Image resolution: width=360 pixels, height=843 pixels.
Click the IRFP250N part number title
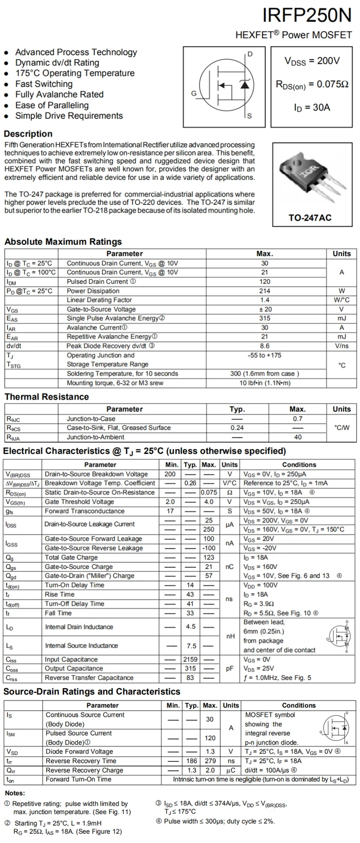tap(307, 16)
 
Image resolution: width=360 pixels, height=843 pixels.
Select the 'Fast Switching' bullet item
tap(44, 84)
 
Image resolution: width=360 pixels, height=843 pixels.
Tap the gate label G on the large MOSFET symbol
tap(194, 93)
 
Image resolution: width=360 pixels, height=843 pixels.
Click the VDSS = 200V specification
tap(312, 61)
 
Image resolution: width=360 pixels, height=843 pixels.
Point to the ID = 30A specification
tap(312, 107)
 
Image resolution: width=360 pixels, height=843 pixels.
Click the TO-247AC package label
tap(310, 217)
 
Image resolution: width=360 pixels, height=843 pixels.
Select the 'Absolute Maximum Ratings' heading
tap(63, 242)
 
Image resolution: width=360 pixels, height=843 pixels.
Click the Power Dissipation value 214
tap(264, 291)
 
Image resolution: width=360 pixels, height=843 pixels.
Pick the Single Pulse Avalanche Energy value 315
tap(264, 318)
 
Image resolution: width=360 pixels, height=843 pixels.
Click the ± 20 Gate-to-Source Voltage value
tap(264, 309)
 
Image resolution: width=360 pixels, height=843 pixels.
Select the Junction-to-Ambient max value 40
tap(298, 437)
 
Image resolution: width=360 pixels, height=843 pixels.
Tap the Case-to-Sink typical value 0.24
tap(237, 427)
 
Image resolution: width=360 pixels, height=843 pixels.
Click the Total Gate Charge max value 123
tap(209, 558)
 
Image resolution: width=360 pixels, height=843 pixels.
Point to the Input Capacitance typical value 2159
tap(190, 659)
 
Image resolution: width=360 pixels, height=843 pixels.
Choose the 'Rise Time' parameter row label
tap(60, 594)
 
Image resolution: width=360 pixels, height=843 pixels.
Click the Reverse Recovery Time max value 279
tap(210, 761)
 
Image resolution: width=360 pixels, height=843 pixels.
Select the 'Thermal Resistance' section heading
tap(47, 397)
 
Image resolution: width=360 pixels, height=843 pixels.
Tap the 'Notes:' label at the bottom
tap(15, 793)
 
